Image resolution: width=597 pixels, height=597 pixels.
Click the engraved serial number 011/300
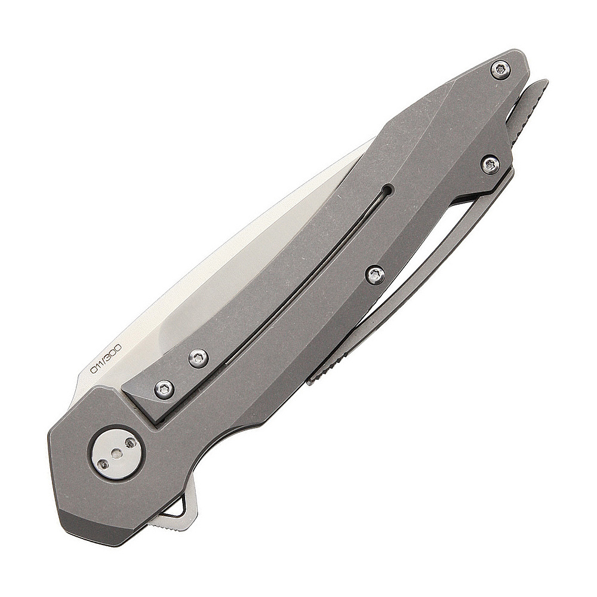point(104,358)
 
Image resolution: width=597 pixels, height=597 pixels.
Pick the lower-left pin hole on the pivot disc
point(101,463)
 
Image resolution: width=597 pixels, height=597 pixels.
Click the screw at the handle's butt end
point(500,70)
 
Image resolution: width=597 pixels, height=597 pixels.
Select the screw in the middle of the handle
point(376,274)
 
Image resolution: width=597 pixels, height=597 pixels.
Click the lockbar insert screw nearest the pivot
point(165,389)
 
